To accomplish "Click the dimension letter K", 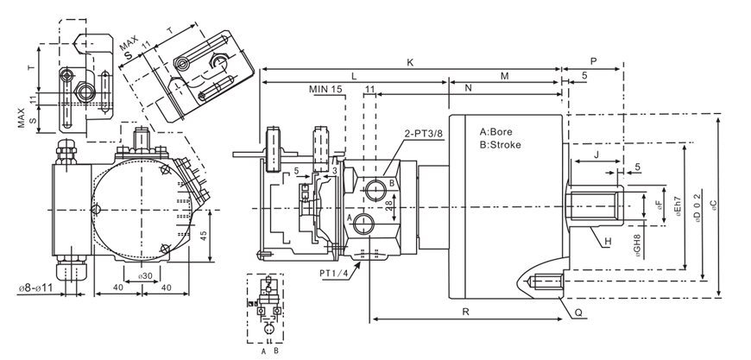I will (410, 62).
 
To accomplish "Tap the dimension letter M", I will (505, 76).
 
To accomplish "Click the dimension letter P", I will (594, 62).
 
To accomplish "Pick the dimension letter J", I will (596, 154).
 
